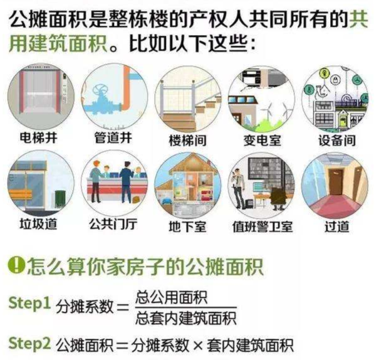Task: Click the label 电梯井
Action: tap(38, 138)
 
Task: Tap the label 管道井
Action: tap(113, 138)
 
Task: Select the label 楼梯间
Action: tap(187, 140)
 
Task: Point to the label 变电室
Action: tap(262, 140)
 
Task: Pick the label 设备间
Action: tap(337, 140)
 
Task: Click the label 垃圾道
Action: tap(38, 224)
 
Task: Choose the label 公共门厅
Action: tap(113, 224)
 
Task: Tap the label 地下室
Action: tap(187, 226)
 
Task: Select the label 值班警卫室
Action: tap(262, 226)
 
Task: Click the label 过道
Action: tap(337, 226)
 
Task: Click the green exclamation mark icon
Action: tap(16, 265)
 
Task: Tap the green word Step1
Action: tap(29, 303)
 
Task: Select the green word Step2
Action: tap(29, 344)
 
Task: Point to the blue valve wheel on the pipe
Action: tap(101, 91)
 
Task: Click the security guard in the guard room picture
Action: tap(237, 188)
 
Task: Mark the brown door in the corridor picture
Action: tap(336, 182)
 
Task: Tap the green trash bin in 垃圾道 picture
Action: tap(60, 199)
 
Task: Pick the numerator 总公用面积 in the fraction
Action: tap(172, 297)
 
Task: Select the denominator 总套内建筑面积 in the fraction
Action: tap(186, 318)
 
